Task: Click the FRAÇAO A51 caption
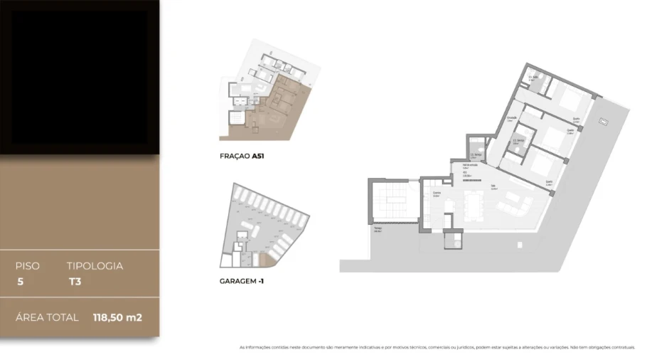click(x=242, y=155)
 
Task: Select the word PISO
click(x=28, y=266)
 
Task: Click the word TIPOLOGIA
click(x=95, y=266)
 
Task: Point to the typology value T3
click(x=74, y=281)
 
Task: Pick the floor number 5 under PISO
click(x=19, y=281)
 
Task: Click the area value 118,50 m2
click(x=117, y=317)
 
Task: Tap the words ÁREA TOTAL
click(x=47, y=317)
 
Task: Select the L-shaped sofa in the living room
click(x=515, y=207)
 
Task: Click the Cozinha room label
click(x=437, y=193)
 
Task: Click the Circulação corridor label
click(x=511, y=120)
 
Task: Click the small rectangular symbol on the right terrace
click(x=604, y=122)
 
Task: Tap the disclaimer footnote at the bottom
click(x=437, y=347)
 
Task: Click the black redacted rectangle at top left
click(x=79, y=76)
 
